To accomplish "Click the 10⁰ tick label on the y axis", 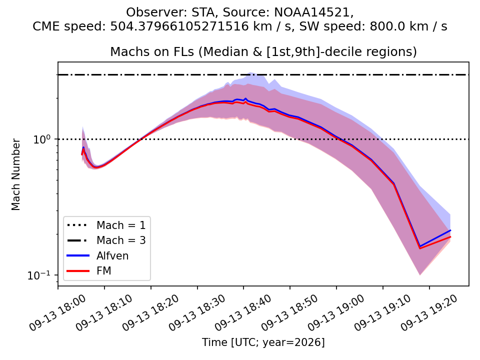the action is pyautogui.click(x=41, y=139).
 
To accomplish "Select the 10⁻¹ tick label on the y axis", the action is pyautogui.click(x=38, y=275).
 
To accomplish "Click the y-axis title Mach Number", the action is pyautogui.click(x=15, y=174).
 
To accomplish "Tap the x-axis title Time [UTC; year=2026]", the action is pyautogui.click(x=263, y=342).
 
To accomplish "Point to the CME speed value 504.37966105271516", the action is pyautogui.click(x=179, y=26).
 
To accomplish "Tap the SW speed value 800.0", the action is pyautogui.click(x=382, y=26).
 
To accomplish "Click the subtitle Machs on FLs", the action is pyautogui.click(x=152, y=51).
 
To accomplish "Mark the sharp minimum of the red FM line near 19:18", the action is pyautogui.click(x=419, y=248).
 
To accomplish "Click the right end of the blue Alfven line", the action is pyautogui.click(x=450, y=230).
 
